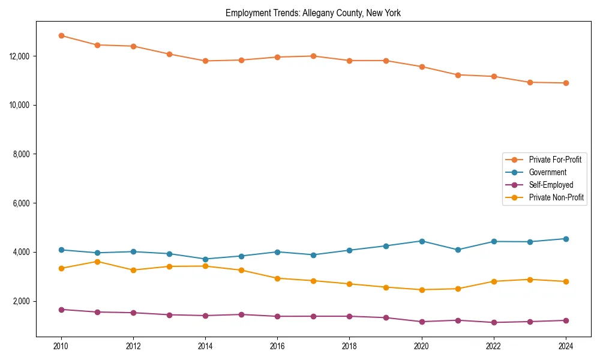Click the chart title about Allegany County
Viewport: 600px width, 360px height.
(x=313, y=13)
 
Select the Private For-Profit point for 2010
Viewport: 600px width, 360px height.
(x=61, y=35)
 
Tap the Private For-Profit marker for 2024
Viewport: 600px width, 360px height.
(x=566, y=83)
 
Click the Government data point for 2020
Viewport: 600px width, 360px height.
(x=422, y=241)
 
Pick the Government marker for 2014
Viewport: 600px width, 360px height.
(x=205, y=259)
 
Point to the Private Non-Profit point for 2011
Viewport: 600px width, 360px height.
(x=97, y=262)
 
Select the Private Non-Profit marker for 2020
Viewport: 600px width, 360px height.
(x=422, y=290)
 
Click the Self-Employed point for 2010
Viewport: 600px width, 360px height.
(x=61, y=310)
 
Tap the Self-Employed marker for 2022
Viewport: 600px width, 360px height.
(x=494, y=322)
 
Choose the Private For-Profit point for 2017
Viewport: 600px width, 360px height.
(x=313, y=56)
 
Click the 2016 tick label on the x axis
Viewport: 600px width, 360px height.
(x=277, y=346)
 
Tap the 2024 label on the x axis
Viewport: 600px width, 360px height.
(x=566, y=346)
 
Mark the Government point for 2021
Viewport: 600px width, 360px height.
(x=458, y=250)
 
